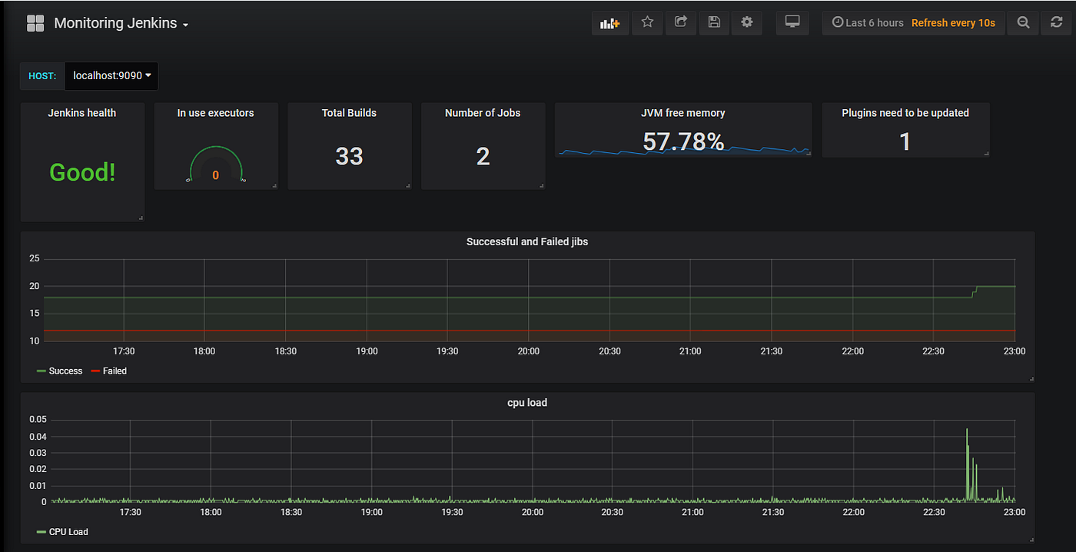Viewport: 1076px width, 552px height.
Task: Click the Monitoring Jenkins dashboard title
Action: pos(115,24)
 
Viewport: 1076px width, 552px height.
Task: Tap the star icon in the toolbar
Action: pos(647,22)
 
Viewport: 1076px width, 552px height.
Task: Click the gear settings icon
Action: pos(746,22)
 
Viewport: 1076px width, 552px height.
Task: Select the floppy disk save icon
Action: pos(713,22)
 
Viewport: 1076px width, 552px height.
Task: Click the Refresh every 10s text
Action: pos(953,23)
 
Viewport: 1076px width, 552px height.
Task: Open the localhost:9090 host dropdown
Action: pos(111,75)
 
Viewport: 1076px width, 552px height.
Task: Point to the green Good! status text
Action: pos(82,172)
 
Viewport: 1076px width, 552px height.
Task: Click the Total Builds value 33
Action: pos(349,156)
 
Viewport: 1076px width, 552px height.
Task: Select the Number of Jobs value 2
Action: pos(483,156)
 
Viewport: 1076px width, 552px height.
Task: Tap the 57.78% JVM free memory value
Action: pos(683,141)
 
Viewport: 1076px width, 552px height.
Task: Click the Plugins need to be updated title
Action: pos(905,113)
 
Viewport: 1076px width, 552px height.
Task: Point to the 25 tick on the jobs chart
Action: pos(34,258)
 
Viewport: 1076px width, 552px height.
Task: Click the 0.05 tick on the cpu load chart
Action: pos(38,420)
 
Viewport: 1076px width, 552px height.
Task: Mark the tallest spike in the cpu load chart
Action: pos(967,430)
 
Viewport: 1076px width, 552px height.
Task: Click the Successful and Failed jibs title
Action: pos(527,241)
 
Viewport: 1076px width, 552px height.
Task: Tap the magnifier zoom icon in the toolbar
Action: pos(1023,22)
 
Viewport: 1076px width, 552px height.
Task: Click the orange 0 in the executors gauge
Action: pos(215,175)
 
